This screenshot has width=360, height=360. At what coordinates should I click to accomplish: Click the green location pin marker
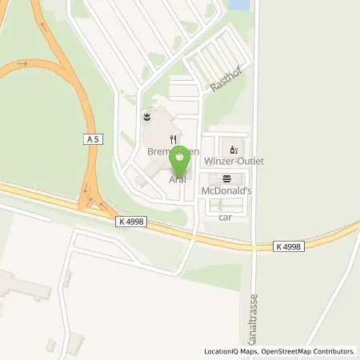point(179,161)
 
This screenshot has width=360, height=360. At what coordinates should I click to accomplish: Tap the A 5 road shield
point(94,138)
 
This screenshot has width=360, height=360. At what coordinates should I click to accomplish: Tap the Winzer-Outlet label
point(234,161)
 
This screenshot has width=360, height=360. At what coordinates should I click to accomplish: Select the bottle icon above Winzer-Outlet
point(233,148)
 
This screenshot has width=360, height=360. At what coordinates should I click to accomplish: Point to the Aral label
point(178,179)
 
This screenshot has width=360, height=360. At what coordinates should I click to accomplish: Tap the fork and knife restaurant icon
point(172,138)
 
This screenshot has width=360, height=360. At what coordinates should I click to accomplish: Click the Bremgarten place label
point(158,150)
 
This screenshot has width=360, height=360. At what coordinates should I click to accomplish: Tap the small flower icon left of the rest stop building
point(146,117)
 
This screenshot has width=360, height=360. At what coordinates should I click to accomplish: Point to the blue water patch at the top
point(238,5)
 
